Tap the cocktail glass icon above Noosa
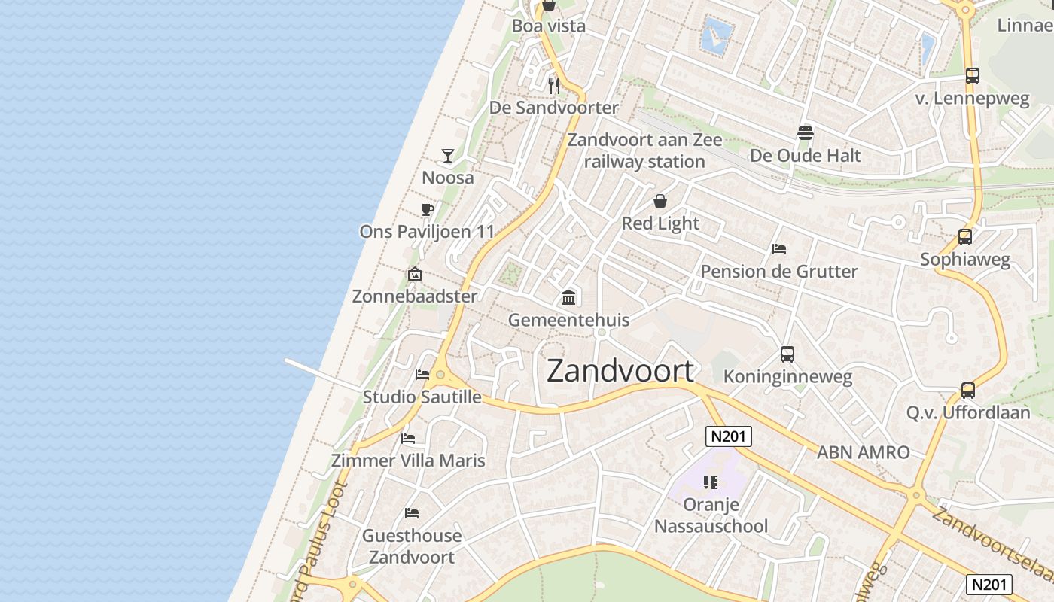pos(448,156)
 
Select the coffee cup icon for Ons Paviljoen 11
pos(427,210)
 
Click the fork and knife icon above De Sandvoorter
pos(554,86)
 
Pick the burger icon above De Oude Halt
pos(806,133)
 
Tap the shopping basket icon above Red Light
pos(660,201)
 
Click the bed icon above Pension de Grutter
pos(779,249)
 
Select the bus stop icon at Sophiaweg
pos(965,237)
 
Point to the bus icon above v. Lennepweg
pos(973,76)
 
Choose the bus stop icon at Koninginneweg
pos(787,354)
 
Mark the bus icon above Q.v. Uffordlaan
pos(968,391)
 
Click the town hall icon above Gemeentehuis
pos(568,298)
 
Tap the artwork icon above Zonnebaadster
pos(414,274)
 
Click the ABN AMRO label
pos(864,452)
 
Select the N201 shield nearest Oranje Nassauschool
pos(729,436)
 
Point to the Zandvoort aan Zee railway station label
pos(644,150)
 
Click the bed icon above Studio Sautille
pos(422,374)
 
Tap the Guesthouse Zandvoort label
pos(412,546)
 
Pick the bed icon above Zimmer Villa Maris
pos(408,438)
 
